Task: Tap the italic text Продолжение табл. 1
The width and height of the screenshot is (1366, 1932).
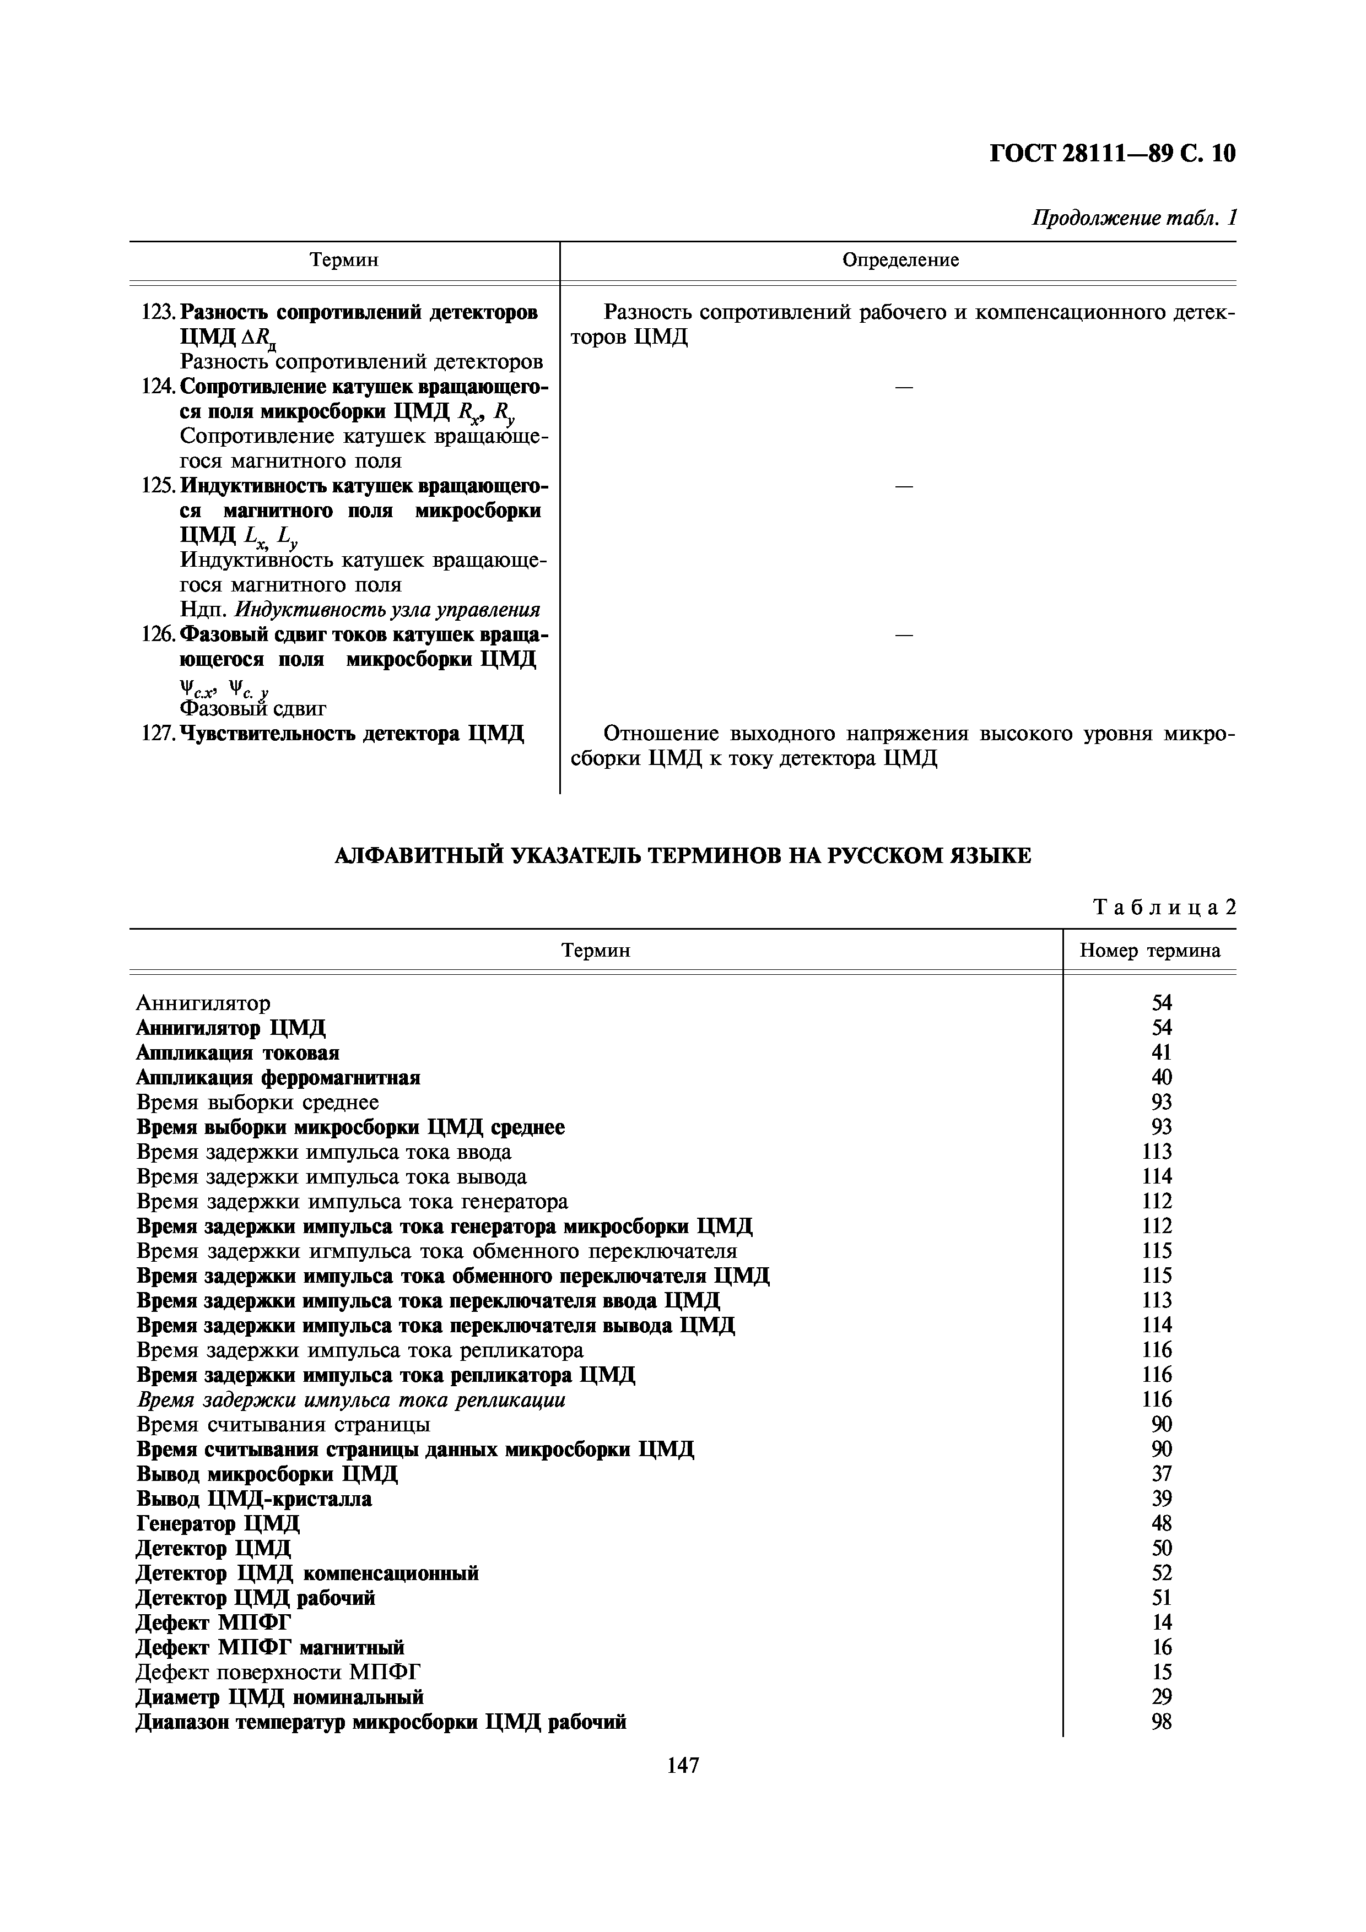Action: [x=1133, y=218]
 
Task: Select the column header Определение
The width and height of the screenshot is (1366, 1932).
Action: [x=900, y=260]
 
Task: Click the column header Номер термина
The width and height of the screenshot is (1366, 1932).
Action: [x=1149, y=951]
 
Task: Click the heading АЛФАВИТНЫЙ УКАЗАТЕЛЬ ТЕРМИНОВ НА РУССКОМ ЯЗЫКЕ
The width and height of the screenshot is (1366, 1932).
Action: [x=683, y=856]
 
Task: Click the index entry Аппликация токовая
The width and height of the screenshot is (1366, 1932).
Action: [x=237, y=1052]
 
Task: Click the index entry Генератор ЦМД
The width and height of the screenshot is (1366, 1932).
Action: [x=217, y=1523]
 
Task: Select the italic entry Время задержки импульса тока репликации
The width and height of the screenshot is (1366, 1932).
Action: [x=350, y=1399]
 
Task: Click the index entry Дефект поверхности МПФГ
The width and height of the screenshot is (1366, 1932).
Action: [x=278, y=1672]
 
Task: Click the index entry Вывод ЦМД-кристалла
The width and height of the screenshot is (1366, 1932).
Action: [x=253, y=1499]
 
